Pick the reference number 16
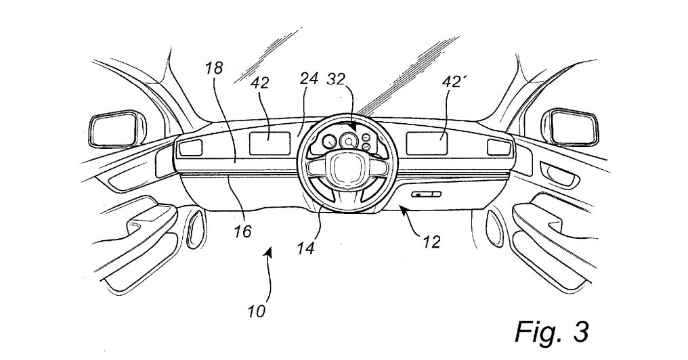point(242,232)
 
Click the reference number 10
point(256,312)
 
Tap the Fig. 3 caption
point(551,332)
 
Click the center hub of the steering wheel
point(344,171)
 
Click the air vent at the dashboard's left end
point(191,147)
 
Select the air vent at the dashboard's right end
point(498,147)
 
